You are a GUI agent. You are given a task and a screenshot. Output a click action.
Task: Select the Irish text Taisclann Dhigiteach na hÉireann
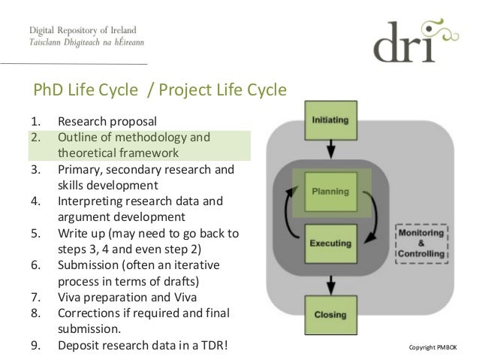point(86,44)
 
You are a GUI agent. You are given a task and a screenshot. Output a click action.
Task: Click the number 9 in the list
point(35,346)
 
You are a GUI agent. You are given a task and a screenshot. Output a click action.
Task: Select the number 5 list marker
point(35,233)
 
